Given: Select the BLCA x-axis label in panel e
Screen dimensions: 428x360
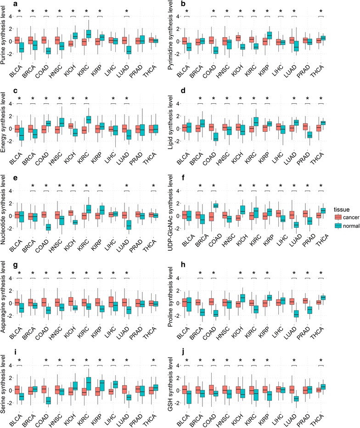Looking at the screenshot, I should click(18, 251).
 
